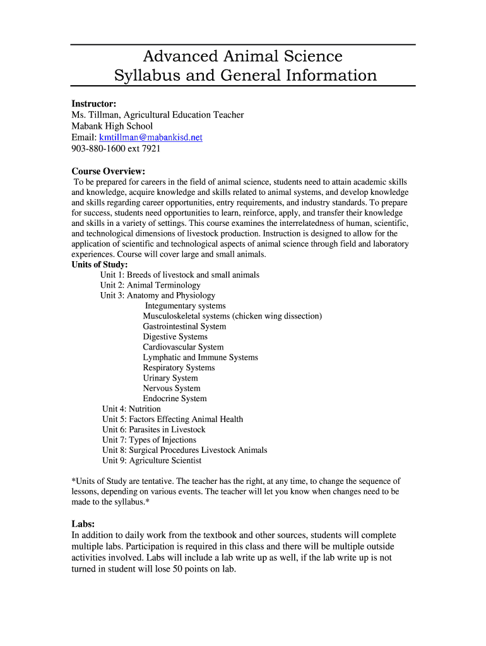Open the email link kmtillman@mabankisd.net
(x=150, y=137)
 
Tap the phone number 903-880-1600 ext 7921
(x=116, y=148)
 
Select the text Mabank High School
(x=112, y=126)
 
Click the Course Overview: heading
(x=108, y=171)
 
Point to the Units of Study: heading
(x=100, y=264)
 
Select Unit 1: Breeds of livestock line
(x=179, y=275)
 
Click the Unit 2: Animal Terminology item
(x=150, y=285)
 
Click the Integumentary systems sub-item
(x=185, y=306)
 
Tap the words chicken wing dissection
(x=276, y=316)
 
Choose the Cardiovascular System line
(x=183, y=347)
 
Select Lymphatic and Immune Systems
(x=200, y=357)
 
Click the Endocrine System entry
(x=174, y=399)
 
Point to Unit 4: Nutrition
(x=131, y=409)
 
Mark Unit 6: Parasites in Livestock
(x=153, y=430)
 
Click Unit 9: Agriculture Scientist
(x=151, y=461)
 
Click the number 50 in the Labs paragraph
(x=187, y=568)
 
